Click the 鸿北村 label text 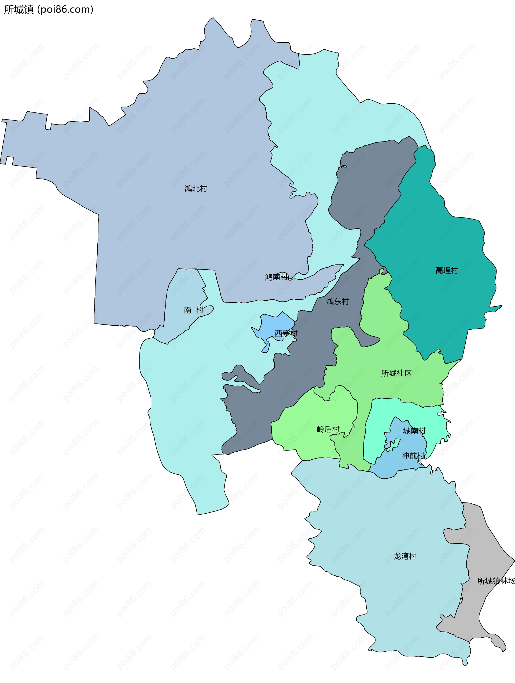[x=196, y=188]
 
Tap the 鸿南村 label [x=276, y=277]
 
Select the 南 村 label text [x=193, y=310]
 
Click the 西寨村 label [x=286, y=333]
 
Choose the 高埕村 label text [x=447, y=270]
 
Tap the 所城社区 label [x=396, y=373]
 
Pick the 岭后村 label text [x=328, y=429]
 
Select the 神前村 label [x=413, y=456]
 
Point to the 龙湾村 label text [x=405, y=556]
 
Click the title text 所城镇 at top [x=19, y=10]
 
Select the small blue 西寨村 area [x=271, y=326]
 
